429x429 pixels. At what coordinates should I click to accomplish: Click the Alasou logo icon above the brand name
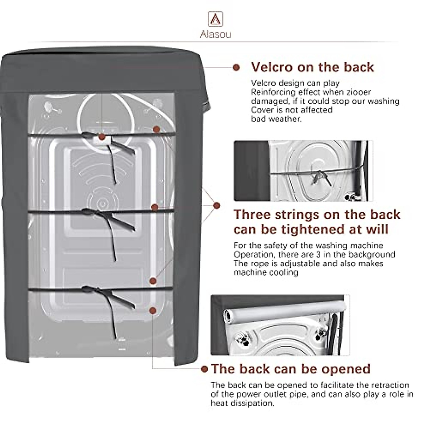(215, 19)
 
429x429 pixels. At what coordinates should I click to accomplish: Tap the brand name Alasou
(216, 34)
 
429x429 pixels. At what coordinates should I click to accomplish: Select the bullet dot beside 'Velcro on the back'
(236, 67)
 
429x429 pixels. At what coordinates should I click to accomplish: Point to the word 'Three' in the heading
(252, 214)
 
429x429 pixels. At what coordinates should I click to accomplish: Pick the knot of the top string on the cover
(85, 135)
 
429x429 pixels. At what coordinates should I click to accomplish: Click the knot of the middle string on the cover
(85, 211)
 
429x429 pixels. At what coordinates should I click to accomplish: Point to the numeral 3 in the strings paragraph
(319, 254)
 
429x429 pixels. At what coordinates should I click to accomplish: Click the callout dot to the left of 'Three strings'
(217, 205)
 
